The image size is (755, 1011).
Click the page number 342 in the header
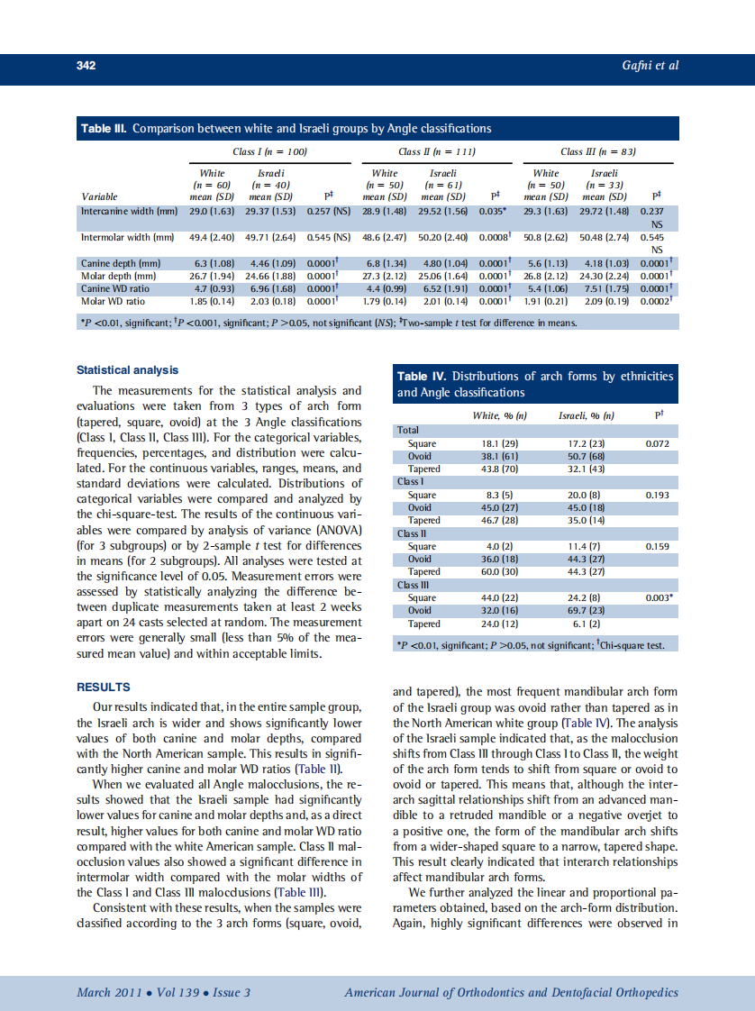click(86, 66)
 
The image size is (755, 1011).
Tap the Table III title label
click(105, 129)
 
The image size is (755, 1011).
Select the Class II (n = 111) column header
click(437, 151)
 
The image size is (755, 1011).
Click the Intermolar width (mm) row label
click(127, 239)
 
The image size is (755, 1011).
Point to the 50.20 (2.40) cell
click(442, 239)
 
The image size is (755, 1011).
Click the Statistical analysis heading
click(127, 370)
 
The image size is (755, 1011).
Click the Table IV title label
click(422, 376)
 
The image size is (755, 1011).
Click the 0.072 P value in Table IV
click(659, 443)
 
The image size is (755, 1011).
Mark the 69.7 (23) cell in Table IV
click(587, 611)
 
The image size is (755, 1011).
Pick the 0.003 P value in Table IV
click(659, 597)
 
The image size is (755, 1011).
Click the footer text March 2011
click(107, 993)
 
